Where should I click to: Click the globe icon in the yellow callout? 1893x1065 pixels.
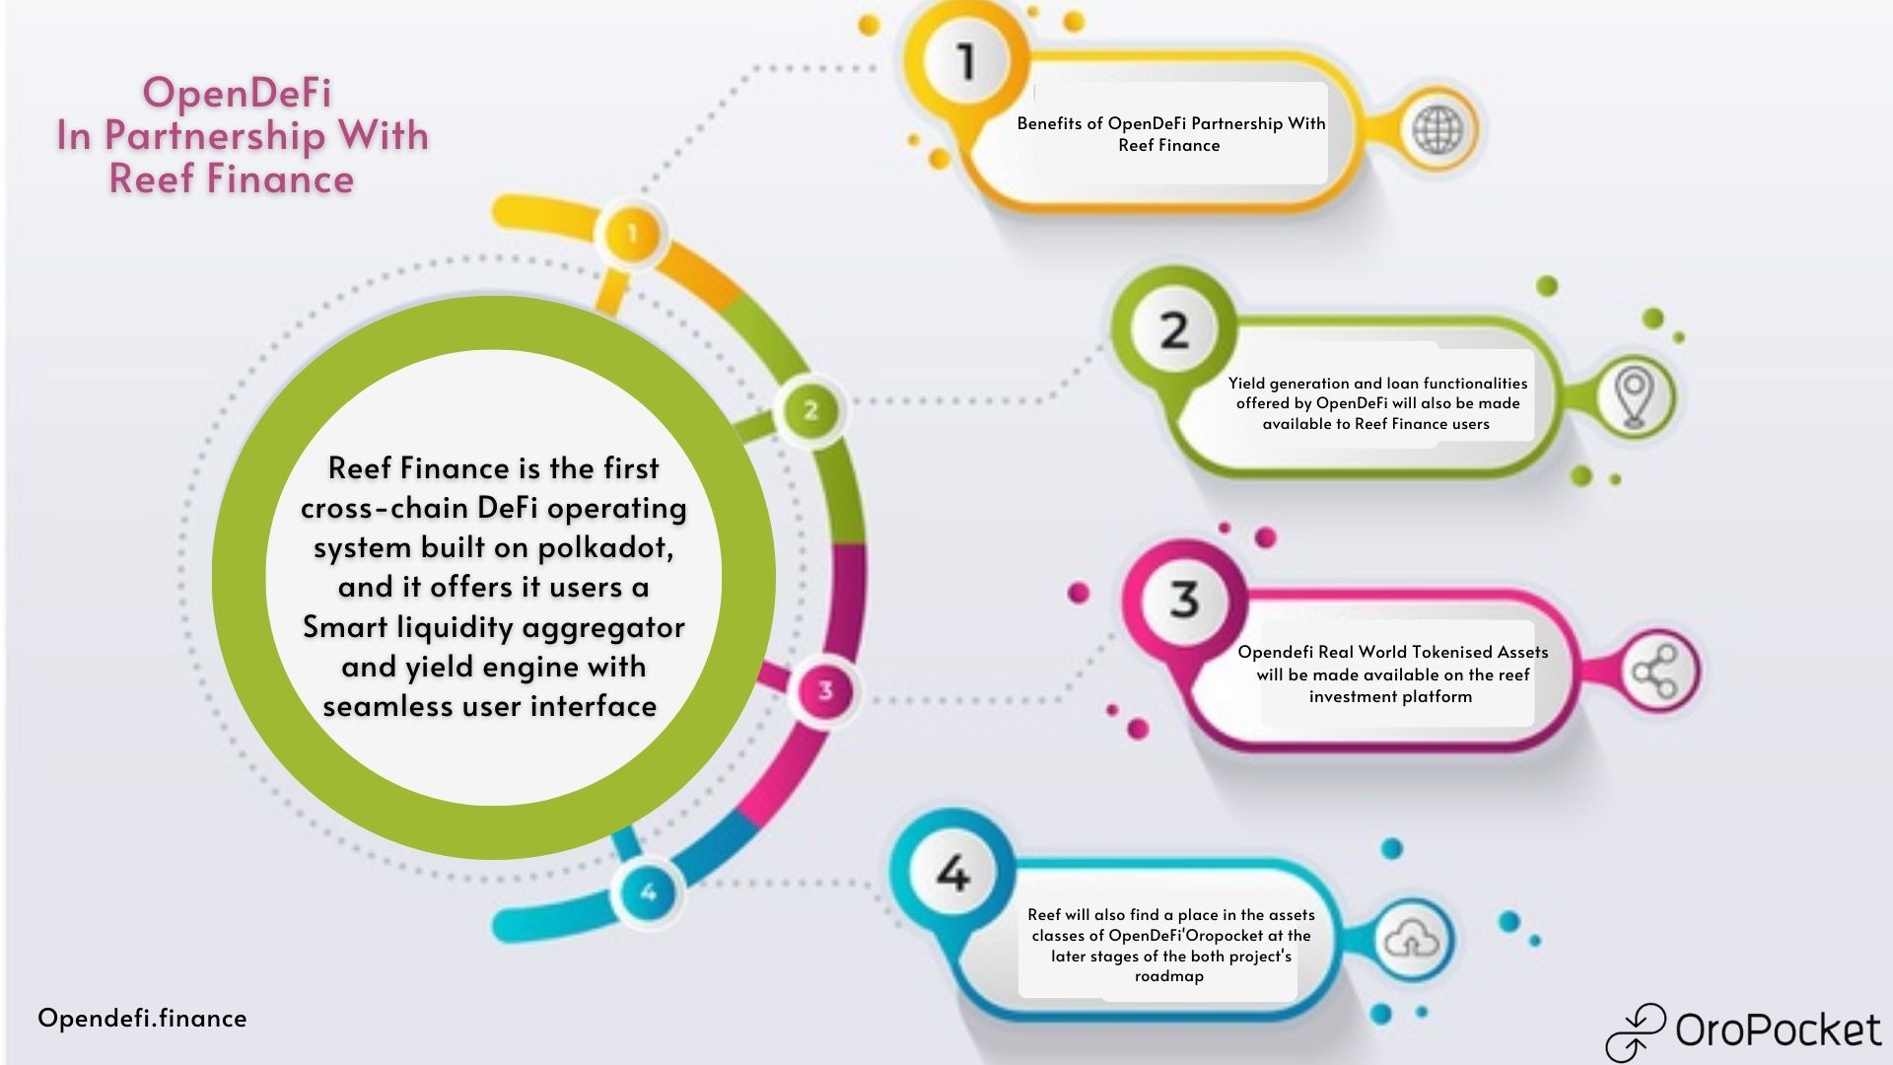point(1438,129)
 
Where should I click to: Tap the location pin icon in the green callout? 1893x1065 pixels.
point(1633,395)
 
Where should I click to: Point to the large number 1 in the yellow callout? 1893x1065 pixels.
point(966,61)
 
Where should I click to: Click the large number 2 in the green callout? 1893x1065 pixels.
point(1173,330)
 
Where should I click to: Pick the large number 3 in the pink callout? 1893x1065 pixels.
point(1184,599)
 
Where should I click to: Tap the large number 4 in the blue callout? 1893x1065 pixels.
point(952,873)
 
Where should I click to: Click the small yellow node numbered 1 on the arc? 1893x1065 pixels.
point(632,235)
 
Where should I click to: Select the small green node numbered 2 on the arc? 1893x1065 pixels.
point(810,410)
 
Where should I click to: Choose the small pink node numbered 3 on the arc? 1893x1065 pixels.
point(825,690)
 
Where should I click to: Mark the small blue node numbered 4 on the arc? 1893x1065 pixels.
point(648,892)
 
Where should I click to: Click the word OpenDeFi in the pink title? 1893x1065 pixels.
point(237,93)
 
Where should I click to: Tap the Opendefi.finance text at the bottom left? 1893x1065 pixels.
point(142,1019)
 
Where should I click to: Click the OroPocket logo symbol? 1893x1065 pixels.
point(1637,1030)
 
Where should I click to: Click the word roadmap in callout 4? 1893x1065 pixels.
point(1168,976)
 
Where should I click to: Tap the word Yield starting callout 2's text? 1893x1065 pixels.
point(1246,383)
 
